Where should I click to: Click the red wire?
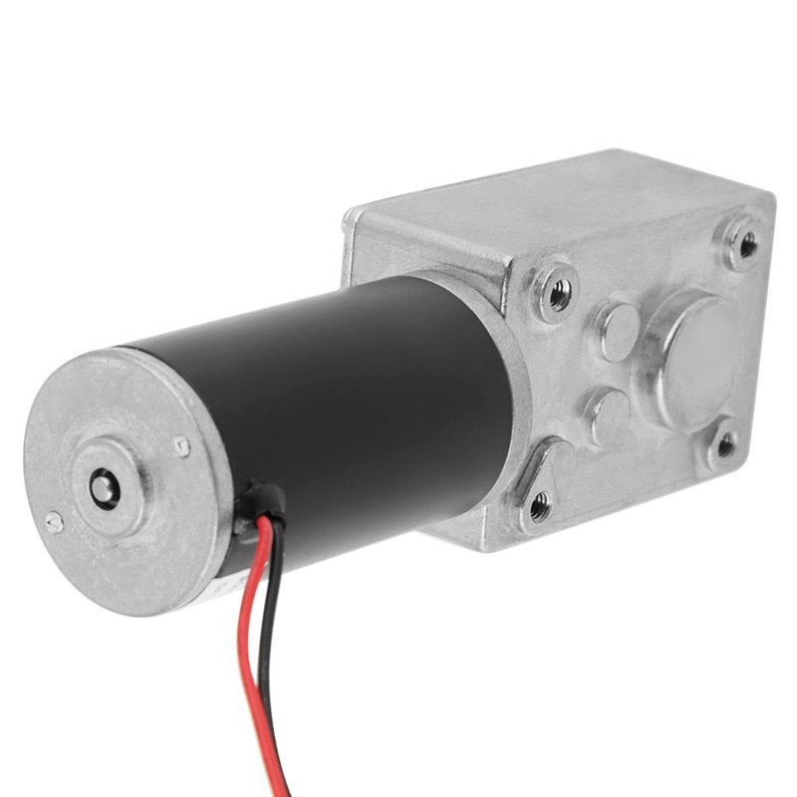(245, 638)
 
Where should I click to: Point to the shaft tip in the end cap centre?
(103, 486)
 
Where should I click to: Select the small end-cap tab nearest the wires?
(181, 447)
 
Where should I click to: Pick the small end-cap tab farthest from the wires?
(54, 521)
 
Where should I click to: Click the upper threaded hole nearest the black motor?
(559, 291)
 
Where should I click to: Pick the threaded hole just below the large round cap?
(725, 444)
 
